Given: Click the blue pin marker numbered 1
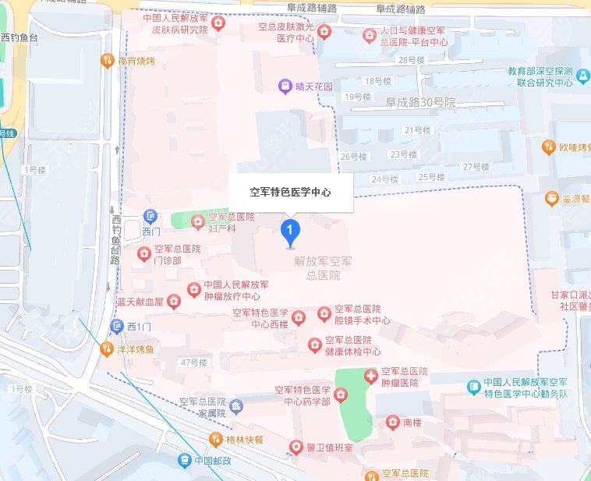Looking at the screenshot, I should (290, 231).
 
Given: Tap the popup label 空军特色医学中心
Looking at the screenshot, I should (290, 191).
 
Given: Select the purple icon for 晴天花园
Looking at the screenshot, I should (286, 87).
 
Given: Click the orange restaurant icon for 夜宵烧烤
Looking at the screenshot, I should (108, 60).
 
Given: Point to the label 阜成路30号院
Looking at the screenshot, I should (420, 103).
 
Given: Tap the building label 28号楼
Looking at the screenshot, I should (412, 60).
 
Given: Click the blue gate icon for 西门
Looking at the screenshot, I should (150, 216).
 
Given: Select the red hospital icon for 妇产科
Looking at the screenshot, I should (196, 221).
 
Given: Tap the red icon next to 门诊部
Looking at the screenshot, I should (143, 253).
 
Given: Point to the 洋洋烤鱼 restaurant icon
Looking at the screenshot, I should (106, 348).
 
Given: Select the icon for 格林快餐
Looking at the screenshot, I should (215, 439).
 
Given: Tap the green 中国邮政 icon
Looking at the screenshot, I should (183, 460).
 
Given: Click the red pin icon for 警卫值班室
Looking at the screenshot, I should (295, 447).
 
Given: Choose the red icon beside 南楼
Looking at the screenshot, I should (393, 422).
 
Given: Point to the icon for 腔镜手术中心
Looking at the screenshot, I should (324, 313).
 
